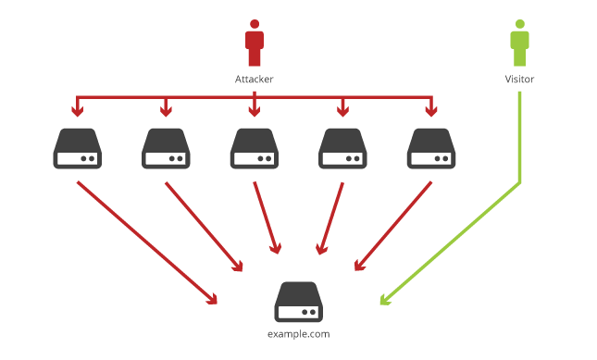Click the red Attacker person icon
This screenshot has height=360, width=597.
[x=255, y=45]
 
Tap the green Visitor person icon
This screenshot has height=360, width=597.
[x=519, y=44]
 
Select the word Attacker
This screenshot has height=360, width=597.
[x=255, y=80]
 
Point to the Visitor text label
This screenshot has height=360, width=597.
[x=519, y=80]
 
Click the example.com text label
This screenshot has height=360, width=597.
[x=298, y=334]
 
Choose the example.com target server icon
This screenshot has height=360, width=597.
[x=298, y=302]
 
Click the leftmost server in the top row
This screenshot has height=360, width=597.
[x=77, y=149]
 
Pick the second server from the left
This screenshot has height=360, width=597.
[x=166, y=149]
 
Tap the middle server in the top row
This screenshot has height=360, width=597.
[x=254, y=149]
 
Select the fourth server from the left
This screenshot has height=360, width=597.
[x=342, y=149]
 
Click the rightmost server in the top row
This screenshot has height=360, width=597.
[x=430, y=149]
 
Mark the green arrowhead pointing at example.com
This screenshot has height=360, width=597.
[x=384, y=300]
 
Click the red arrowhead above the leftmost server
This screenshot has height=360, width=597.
[x=77, y=112]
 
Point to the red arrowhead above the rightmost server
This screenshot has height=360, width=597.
[x=430, y=112]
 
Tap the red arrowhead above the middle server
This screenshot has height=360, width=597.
[x=254, y=112]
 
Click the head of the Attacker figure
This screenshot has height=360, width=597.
[x=255, y=25]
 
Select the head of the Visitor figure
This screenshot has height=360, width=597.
[x=519, y=24]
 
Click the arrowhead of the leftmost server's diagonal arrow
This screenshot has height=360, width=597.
[x=213, y=298]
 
